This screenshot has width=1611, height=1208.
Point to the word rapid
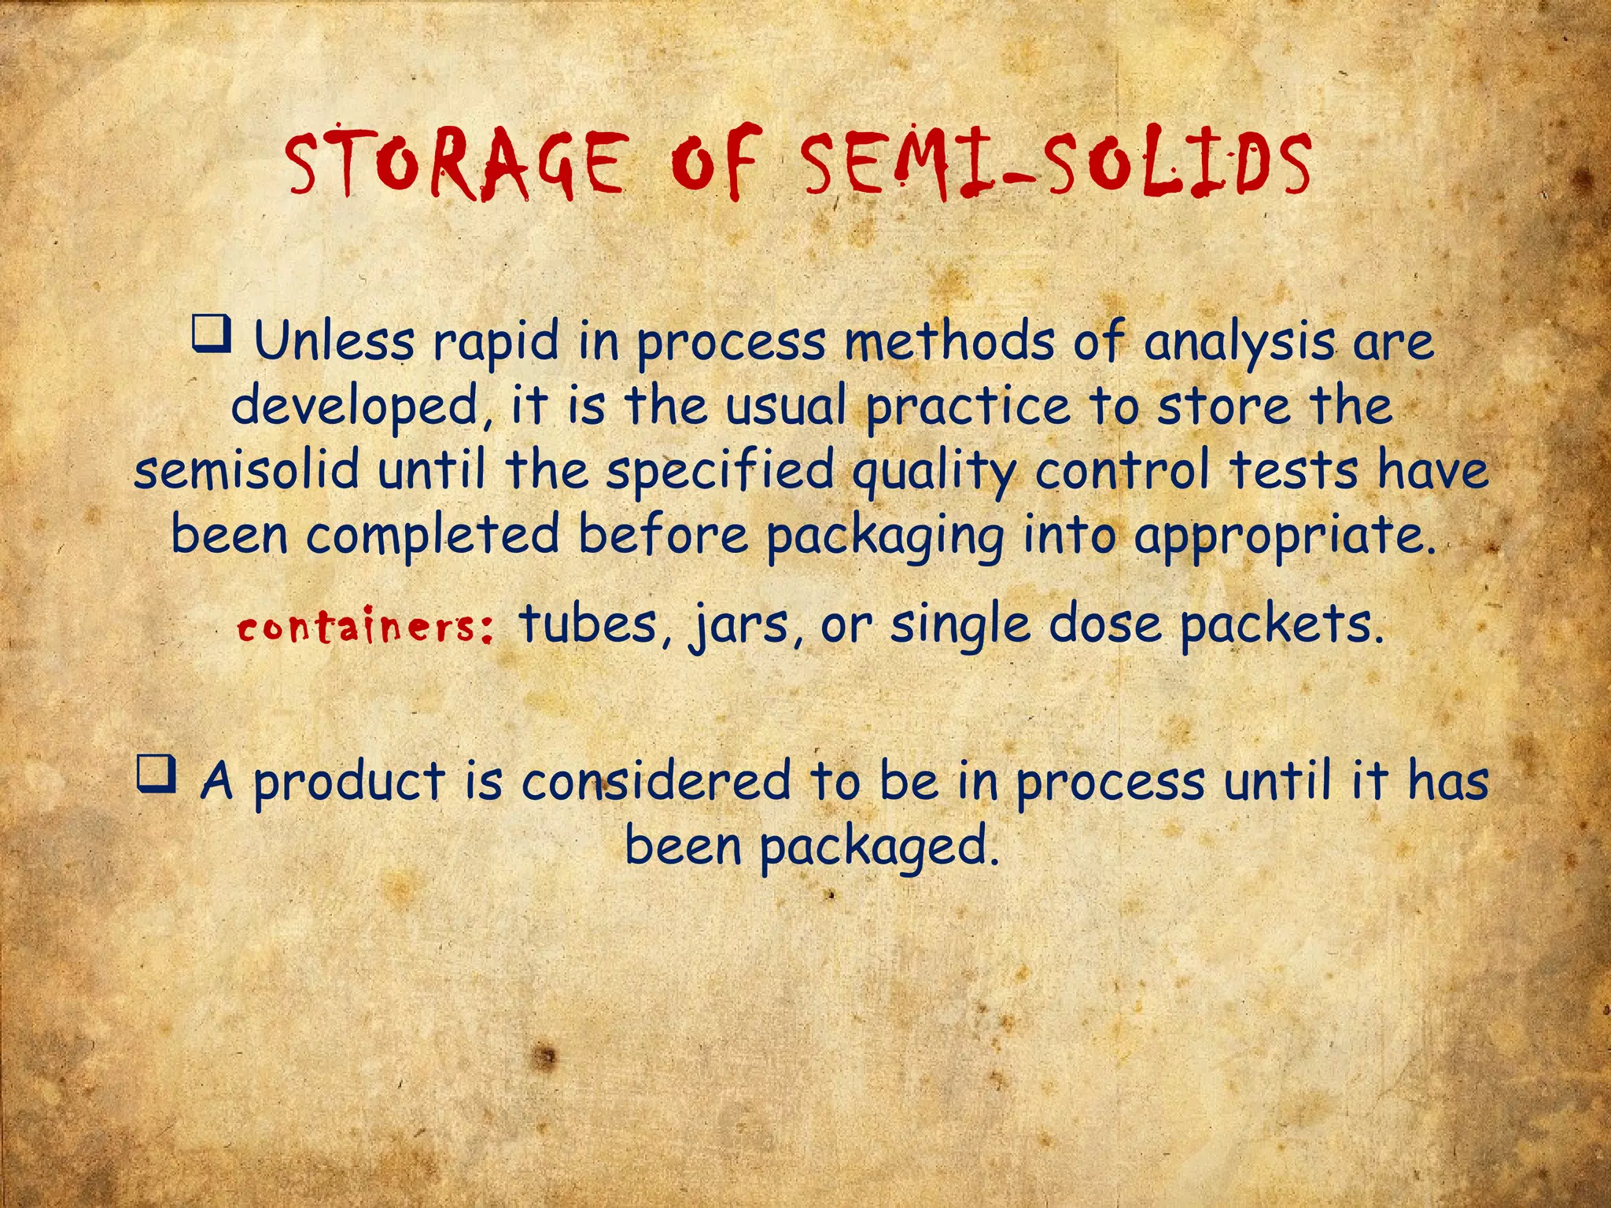(495, 343)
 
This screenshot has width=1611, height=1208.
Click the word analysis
(1239, 343)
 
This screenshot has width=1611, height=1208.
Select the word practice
(968, 407)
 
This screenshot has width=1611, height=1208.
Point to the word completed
(432, 535)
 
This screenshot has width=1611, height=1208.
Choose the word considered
(656, 782)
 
